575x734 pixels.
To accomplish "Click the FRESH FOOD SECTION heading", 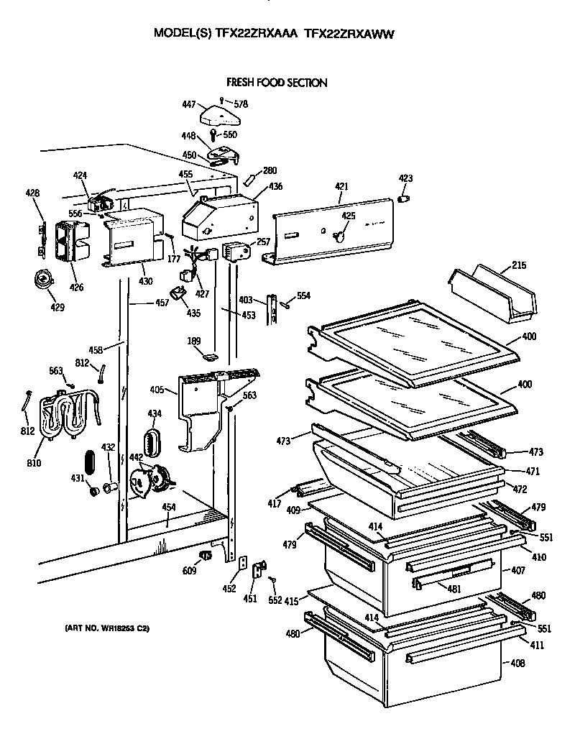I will point(277,83).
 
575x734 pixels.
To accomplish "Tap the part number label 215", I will point(519,265).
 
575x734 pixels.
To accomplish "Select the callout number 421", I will point(341,186).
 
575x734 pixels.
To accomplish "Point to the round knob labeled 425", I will point(341,234).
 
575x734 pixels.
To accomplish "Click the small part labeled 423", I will point(404,197).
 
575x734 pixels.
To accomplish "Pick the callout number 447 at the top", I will point(188,105).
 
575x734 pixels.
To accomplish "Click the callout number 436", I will point(275,187).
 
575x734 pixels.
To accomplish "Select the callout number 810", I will point(34,462).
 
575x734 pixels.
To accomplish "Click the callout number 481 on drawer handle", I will point(454,588).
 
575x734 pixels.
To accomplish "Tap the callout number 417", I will point(275,505).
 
